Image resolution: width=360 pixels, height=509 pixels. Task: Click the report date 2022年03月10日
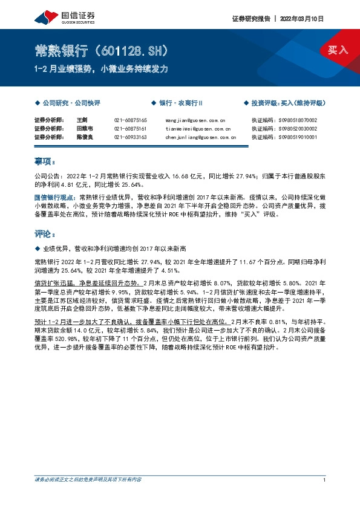point(303,19)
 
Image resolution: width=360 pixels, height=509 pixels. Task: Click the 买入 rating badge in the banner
point(337,50)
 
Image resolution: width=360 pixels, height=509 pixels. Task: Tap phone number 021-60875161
point(131,129)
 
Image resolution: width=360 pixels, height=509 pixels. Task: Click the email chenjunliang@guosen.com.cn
point(200,137)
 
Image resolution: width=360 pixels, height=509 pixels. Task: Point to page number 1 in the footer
point(325,480)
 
